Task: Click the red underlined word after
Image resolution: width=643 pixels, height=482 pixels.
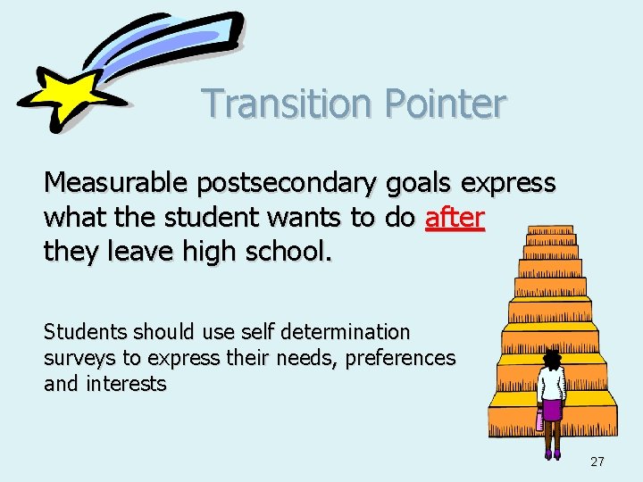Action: tap(455, 218)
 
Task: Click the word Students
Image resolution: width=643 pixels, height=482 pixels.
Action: tap(86, 333)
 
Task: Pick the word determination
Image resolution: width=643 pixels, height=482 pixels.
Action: tap(345, 333)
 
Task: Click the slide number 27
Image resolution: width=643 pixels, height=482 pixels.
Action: tap(597, 461)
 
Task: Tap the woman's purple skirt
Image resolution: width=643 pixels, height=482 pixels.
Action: tap(553, 410)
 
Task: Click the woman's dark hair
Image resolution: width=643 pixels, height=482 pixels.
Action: tap(553, 359)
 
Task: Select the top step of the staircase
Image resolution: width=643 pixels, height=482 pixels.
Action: tap(549, 231)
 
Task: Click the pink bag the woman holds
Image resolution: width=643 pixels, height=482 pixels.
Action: tap(539, 420)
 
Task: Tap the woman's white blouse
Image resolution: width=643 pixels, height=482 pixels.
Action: tap(553, 384)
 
